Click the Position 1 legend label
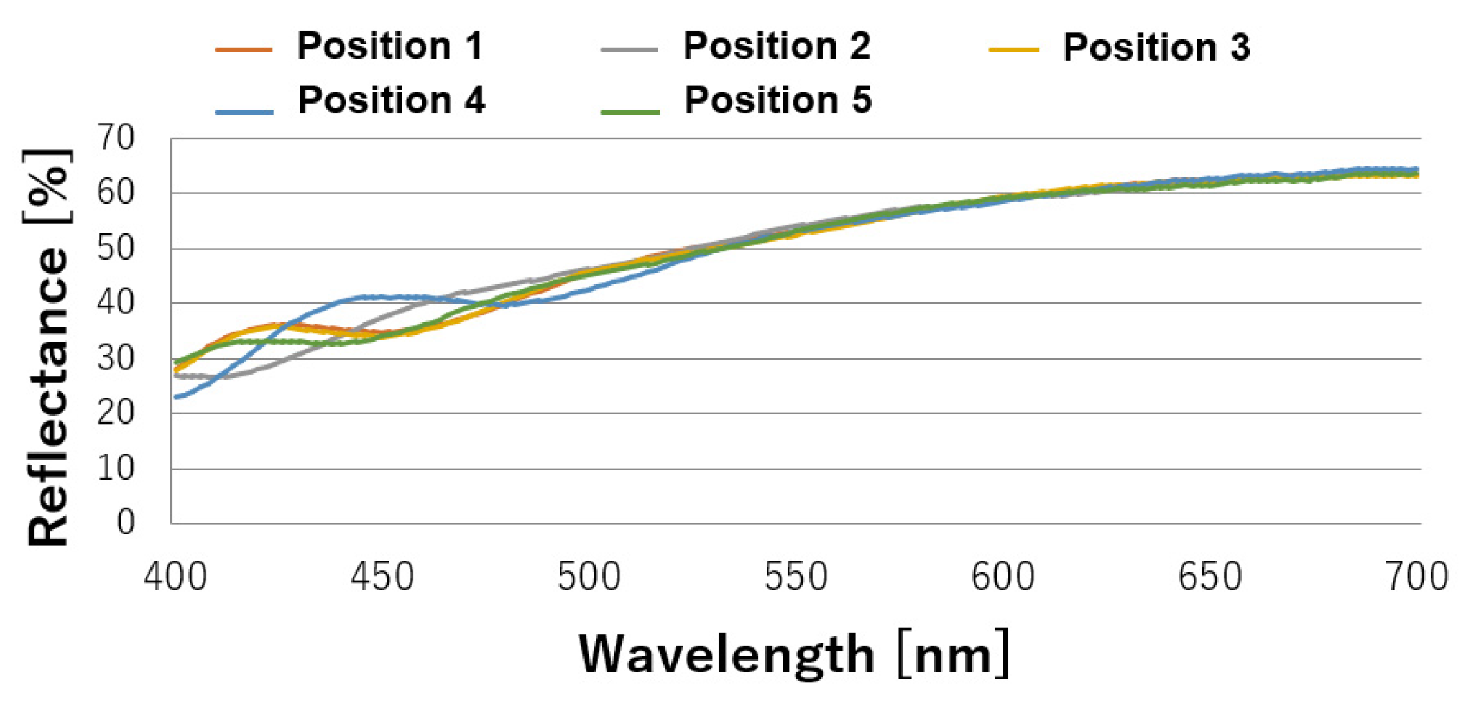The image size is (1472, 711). pyautogui.click(x=390, y=46)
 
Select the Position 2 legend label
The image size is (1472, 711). pyautogui.click(x=776, y=46)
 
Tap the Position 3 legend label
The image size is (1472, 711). pyautogui.click(x=1156, y=48)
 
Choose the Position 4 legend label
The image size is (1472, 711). pyautogui.click(x=391, y=100)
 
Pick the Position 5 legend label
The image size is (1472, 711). pyautogui.click(x=778, y=100)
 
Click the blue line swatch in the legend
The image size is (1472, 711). pyautogui.click(x=244, y=111)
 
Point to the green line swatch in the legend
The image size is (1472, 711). pyautogui.click(x=630, y=111)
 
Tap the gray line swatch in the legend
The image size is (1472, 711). pyautogui.click(x=629, y=50)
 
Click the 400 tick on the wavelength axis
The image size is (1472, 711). pyautogui.click(x=175, y=576)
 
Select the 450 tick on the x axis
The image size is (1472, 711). pyautogui.click(x=382, y=576)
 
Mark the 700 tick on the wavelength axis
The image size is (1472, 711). pyautogui.click(x=1416, y=576)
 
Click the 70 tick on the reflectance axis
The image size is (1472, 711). pyautogui.click(x=115, y=137)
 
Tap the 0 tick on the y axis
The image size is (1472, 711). pyautogui.click(x=126, y=523)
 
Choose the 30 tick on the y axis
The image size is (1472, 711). pyautogui.click(x=115, y=358)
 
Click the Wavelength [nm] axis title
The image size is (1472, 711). pyautogui.click(x=794, y=654)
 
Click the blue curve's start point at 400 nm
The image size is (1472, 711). pyautogui.click(x=177, y=397)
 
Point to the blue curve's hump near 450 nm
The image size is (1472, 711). pyautogui.click(x=366, y=298)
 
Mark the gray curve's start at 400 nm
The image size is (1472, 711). pyautogui.click(x=177, y=376)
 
